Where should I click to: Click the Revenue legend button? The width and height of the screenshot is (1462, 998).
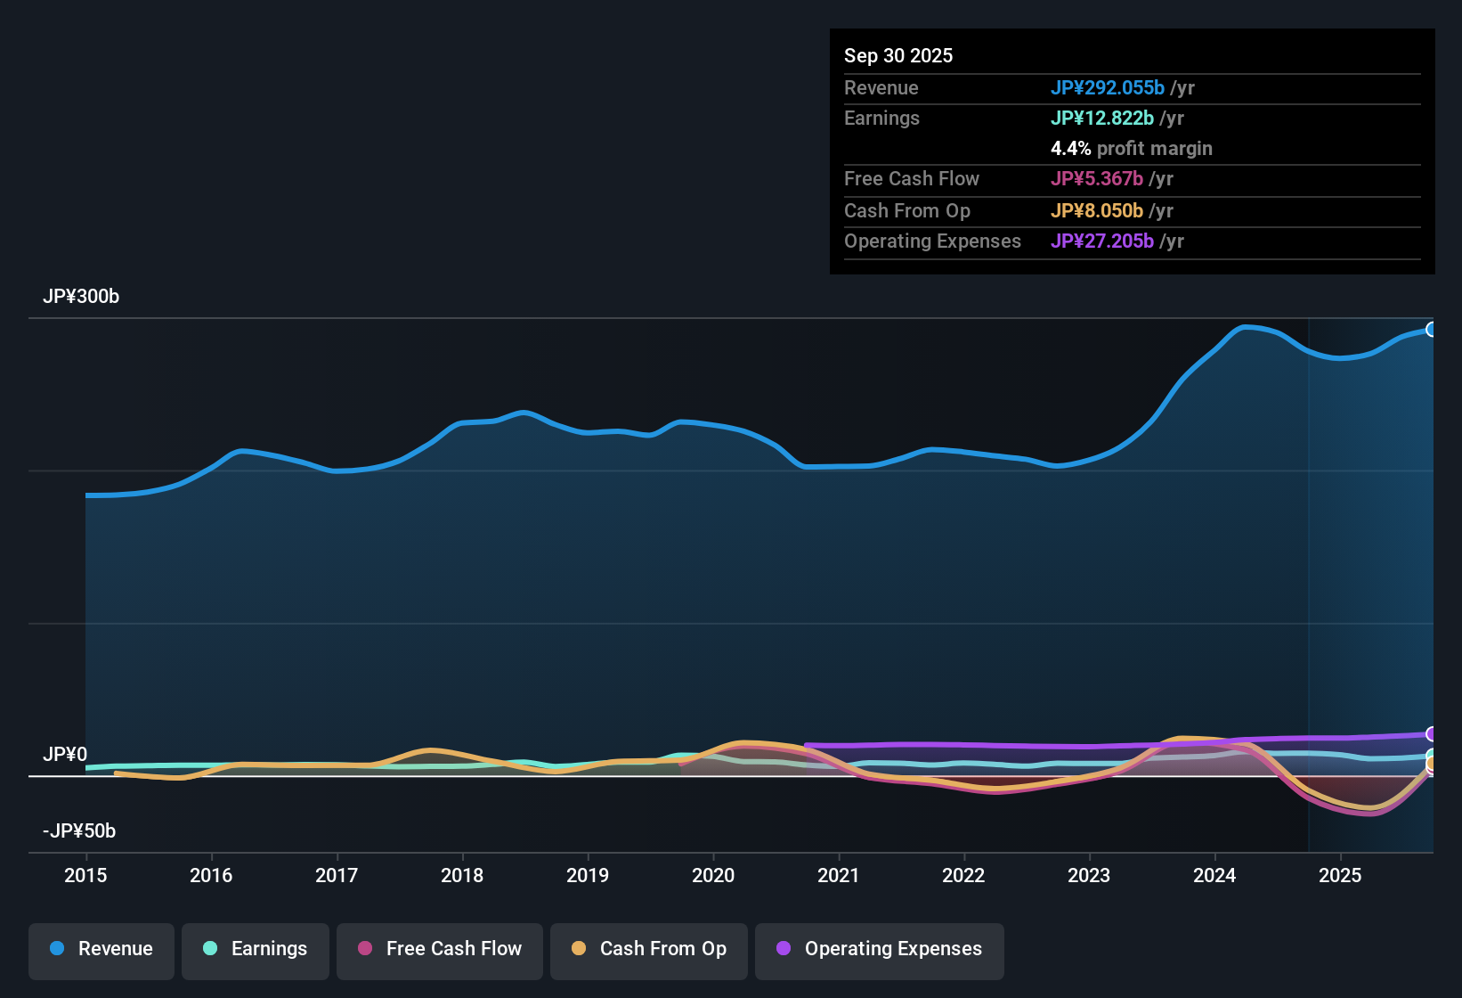(x=102, y=949)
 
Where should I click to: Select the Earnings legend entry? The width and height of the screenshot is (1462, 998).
(x=256, y=949)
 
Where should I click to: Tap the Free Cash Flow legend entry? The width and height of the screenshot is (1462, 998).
(x=440, y=949)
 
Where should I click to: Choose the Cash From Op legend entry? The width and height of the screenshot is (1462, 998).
(x=649, y=949)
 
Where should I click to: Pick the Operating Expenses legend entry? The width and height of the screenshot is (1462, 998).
(x=880, y=949)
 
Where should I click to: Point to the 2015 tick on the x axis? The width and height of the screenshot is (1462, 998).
(x=85, y=875)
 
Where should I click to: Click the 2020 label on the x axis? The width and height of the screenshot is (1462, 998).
(x=713, y=875)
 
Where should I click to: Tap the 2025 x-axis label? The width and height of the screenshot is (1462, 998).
(x=1340, y=875)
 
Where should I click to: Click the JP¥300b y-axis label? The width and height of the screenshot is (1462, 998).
(x=81, y=297)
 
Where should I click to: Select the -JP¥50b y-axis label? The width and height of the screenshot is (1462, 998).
(x=79, y=831)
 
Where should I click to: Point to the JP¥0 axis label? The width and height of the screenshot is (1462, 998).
(x=65, y=755)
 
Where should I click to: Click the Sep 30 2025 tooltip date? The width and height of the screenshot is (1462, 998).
(x=898, y=56)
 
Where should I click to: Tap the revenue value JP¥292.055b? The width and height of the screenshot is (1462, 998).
(x=1108, y=88)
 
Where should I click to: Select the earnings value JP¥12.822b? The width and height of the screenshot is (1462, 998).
(x=1102, y=119)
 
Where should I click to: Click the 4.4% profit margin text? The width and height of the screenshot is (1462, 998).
(x=1132, y=149)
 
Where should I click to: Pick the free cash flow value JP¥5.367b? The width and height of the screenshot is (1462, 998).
(x=1097, y=179)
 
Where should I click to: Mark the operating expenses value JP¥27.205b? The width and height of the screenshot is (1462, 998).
(x=1102, y=241)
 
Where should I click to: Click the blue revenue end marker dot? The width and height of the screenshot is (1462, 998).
(x=1432, y=330)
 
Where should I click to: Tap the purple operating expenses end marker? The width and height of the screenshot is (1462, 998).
(x=1432, y=734)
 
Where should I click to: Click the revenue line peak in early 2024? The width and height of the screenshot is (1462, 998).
(x=1247, y=327)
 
